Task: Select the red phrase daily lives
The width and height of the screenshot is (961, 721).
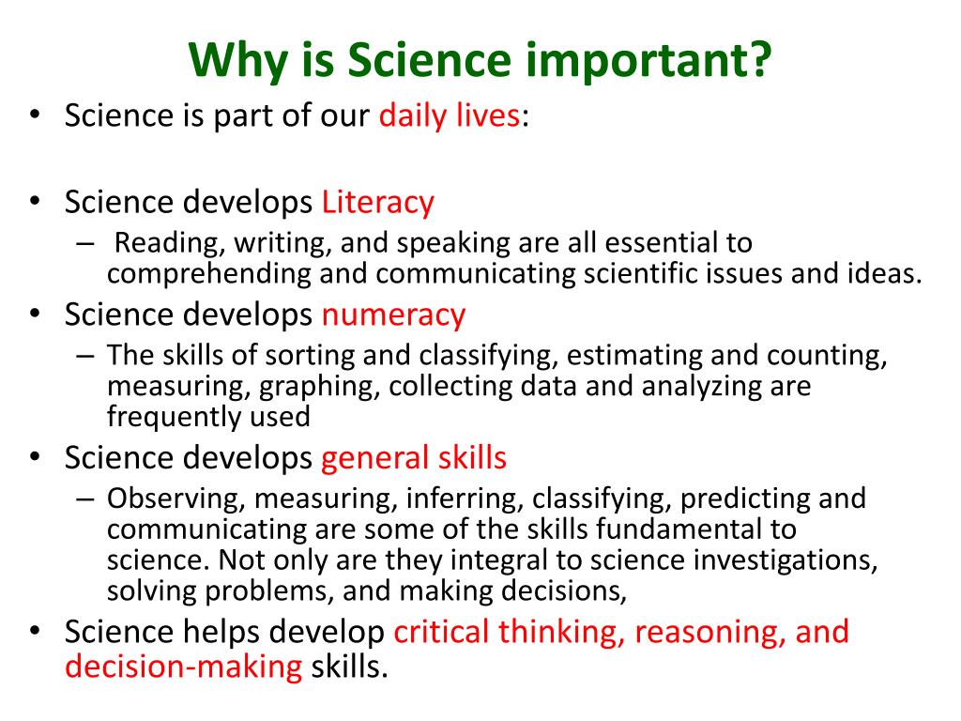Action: click(x=449, y=116)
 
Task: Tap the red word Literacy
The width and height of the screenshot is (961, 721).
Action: click(x=377, y=202)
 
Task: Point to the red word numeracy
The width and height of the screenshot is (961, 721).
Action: click(x=393, y=314)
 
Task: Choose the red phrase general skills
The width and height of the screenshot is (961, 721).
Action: click(x=414, y=458)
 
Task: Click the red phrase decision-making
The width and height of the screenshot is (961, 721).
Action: click(x=184, y=667)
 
